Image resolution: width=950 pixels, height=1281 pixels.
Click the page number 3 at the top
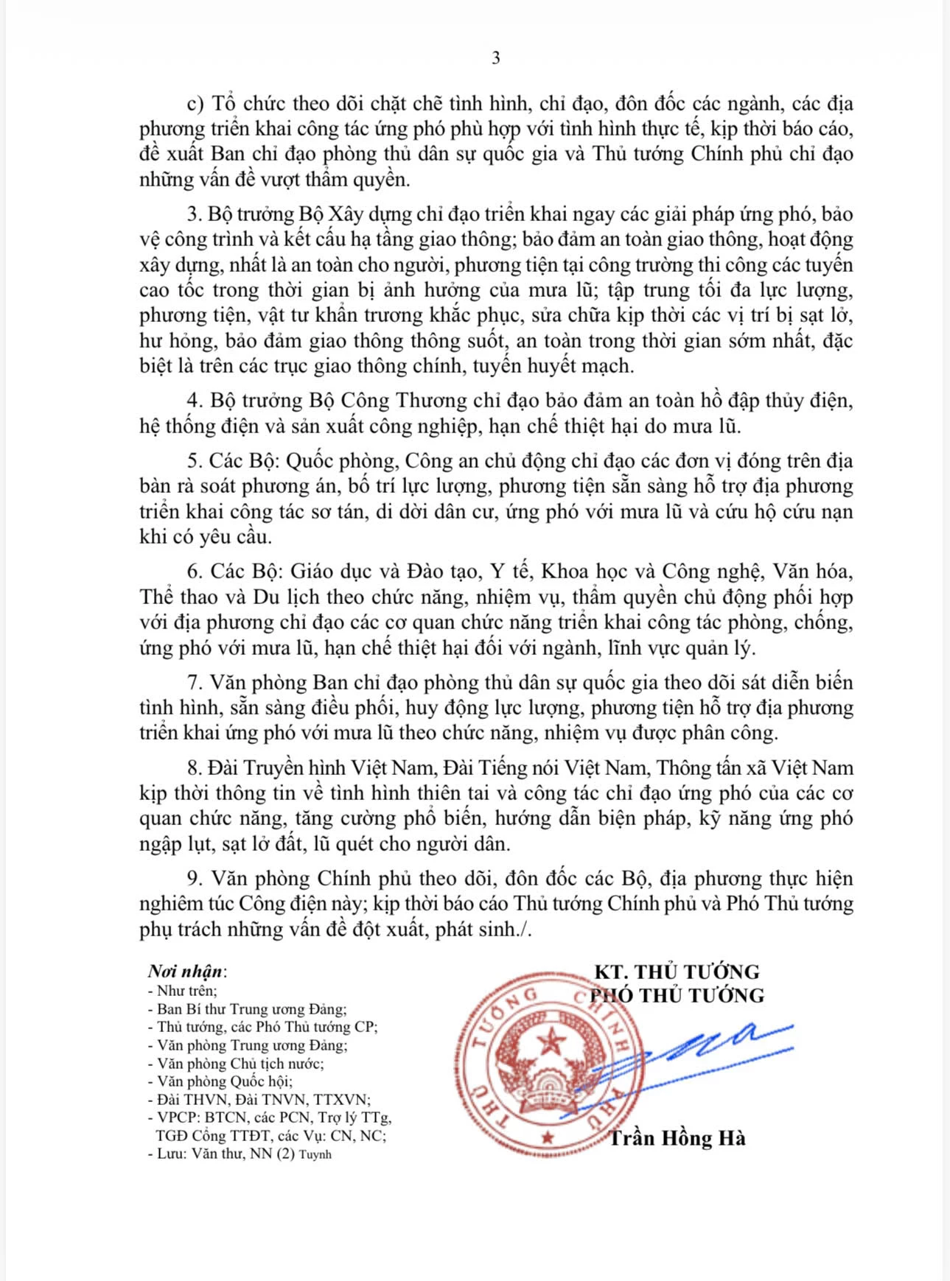coord(495,58)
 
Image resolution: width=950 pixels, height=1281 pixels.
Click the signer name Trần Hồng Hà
coord(677,1138)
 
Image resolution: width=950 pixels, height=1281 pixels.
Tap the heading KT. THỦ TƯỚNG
coord(677,971)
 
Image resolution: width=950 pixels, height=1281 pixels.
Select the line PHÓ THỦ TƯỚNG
coord(678,995)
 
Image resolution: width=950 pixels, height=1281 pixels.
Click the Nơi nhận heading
coord(184,971)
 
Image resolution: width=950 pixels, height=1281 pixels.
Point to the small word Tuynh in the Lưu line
coord(315,1154)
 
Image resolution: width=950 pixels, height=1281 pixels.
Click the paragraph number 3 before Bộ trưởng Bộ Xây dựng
coord(193,214)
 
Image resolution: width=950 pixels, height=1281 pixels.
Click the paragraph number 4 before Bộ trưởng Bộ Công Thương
coord(194,400)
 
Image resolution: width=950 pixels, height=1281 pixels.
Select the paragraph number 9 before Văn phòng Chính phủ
coord(194,878)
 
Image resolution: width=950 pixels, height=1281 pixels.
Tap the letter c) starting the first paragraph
coord(195,104)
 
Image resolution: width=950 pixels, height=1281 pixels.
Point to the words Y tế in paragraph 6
coord(510,572)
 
